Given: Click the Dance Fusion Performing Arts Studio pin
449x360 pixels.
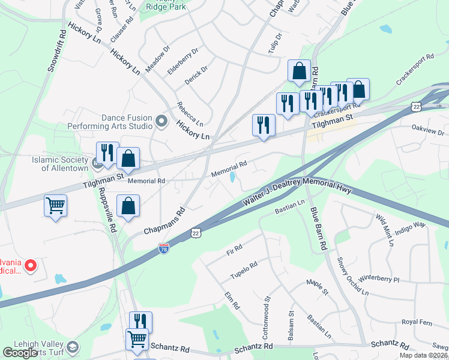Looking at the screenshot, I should coord(161,122).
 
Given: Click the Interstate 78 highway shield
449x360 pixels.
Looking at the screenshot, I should coord(164,247).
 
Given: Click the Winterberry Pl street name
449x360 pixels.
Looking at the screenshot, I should coord(379,279).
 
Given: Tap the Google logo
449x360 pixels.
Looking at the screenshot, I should coord(21,353).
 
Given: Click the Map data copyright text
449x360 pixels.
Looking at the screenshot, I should coord(423,355).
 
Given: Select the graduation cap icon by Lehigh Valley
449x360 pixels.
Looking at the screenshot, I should coord(73,347).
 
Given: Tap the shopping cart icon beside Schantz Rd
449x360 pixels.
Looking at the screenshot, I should coord(137,340).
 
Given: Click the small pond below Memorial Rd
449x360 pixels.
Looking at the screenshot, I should coord(232,178).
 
